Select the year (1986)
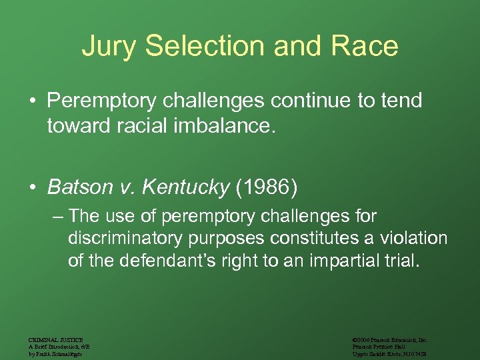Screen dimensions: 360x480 point(267,187)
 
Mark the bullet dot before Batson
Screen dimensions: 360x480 point(33,188)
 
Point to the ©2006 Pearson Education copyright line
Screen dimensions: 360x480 point(389,340)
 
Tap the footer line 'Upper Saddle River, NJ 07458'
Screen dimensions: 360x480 point(389,353)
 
